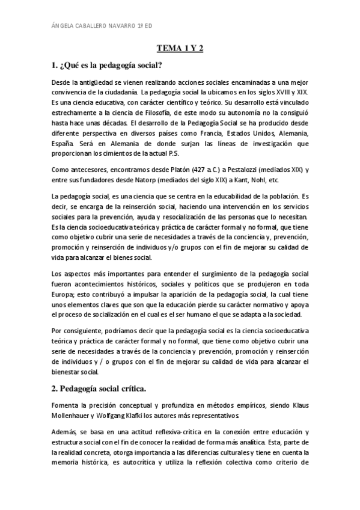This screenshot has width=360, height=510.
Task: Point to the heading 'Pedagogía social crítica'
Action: [x=103, y=387]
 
